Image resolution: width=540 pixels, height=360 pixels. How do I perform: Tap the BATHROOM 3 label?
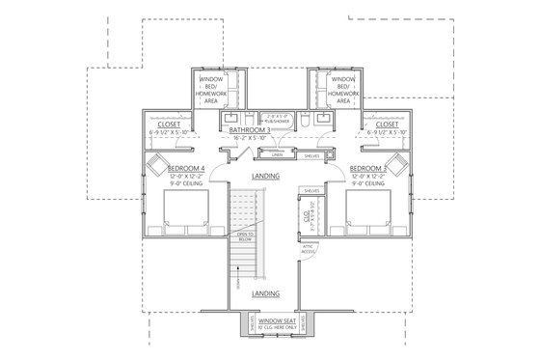(x=253, y=128)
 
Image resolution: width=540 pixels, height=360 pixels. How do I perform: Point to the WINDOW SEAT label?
(x=269, y=321)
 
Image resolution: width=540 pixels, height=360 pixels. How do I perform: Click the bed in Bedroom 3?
(x=368, y=212)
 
